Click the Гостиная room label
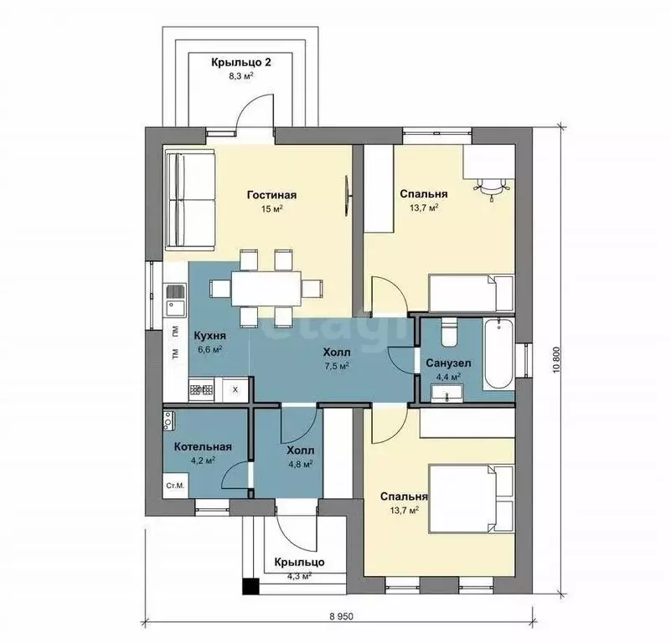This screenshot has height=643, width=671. [271, 195]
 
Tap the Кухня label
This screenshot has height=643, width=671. [209, 336]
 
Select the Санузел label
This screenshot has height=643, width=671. [448, 363]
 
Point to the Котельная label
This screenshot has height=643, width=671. [203, 446]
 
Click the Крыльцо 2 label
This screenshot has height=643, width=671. [241, 63]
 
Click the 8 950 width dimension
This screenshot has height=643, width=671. [341, 616]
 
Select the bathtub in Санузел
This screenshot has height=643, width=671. [498, 354]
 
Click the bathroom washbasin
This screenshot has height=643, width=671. [447, 394]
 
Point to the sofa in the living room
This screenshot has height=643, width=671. [189, 200]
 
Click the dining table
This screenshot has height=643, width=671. [266, 288]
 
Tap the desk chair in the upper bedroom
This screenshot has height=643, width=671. [490, 188]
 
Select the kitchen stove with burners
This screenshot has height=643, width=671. [201, 389]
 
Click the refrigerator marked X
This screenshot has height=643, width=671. [235, 390]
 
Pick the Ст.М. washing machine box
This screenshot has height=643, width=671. [175, 486]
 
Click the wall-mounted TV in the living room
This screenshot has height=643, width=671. [348, 196]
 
